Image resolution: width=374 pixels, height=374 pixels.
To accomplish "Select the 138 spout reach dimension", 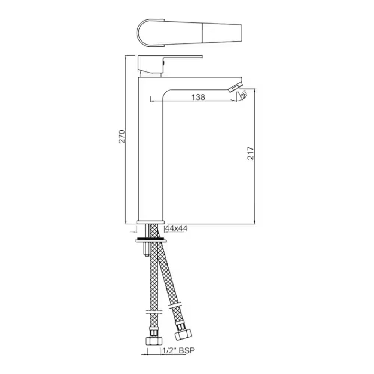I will pyautogui.click(x=198, y=97).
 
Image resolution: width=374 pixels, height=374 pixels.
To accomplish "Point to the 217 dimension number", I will pyautogui.click(x=251, y=153).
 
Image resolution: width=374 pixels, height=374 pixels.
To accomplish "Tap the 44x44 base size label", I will pyautogui.click(x=176, y=228).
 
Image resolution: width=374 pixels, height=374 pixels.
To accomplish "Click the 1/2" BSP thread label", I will pyautogui.click(x=178, y=350).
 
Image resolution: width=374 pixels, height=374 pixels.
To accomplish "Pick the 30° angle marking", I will pyautogui.click(x=243, y=95).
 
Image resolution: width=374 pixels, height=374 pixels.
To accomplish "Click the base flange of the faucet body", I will pyautogui.click(x=151, y=222).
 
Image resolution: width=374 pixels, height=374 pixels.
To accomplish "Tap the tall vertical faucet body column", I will pyautogui.click(x=150, y=157).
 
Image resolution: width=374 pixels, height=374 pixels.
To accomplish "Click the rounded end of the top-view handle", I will pyautogui.click(x=144, y=33).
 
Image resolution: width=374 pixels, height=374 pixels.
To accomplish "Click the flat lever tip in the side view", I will pyautogui.click(x=187, y=57).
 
